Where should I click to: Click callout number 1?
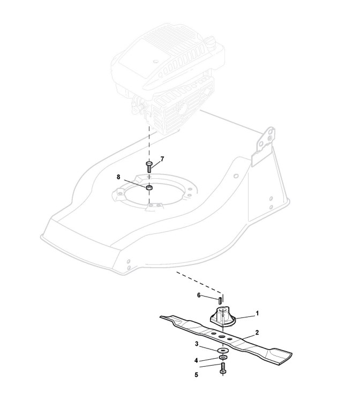pos(257,313)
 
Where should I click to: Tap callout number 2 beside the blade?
pos(257,332)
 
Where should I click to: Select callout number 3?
pos(197,343)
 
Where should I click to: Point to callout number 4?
pos(197,360)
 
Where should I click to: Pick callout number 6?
pos(199,295)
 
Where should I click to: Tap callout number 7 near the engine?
pos(162,159)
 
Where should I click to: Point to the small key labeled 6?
pos(220,299)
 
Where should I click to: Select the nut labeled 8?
pos(150,187)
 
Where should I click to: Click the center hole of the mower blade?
pos(221,336)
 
